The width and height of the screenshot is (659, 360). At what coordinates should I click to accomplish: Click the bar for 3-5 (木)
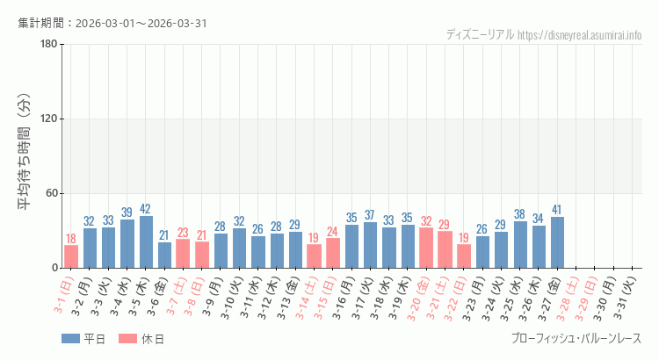pos(146,241)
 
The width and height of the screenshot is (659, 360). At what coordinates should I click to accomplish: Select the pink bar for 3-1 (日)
pos(71,256)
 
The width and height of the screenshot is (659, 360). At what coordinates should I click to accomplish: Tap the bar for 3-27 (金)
pos(557,242)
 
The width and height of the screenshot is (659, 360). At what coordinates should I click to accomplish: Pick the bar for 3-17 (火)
pos(370,245)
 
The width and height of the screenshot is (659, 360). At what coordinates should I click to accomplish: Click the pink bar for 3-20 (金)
pos(426,248)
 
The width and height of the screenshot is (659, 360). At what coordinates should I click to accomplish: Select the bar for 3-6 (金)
pos(164,255)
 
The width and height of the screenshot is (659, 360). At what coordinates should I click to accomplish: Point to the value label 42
pos(146,209)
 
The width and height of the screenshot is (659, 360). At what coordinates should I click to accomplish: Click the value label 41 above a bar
pos(557,210)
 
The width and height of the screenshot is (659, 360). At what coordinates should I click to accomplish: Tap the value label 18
pos(71,239)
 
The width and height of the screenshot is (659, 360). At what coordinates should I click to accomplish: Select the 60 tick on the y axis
pos(51,194)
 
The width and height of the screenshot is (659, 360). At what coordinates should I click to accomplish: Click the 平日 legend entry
pos(83,339)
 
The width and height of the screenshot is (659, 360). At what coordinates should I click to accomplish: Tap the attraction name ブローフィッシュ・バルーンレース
pos(576,339)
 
